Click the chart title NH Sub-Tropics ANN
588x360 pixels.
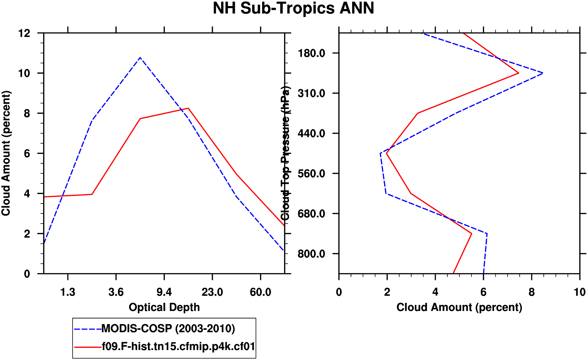pyautogui.click(x=293, y=8)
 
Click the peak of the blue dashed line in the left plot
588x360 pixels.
pyautogui.click(x=140, y=57)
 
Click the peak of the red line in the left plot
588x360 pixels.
pyautogui.click(x=188, y=108)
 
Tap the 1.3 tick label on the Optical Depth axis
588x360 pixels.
pyautogui.click(x=68, y=292)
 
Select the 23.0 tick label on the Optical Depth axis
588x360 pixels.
pyautogui.click(x=212, y=292)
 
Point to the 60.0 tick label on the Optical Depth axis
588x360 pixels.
pyautogui.click(x=260, y=292)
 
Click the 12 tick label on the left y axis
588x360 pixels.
pyautogui.click(x=24, y=33)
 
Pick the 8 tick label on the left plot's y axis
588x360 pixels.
pyautogui.click(x=27, y=114)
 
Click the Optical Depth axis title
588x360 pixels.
pyautogui.click(x=164, y=307)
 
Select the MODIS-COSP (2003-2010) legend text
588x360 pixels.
pyautogui.click(x=168, y=329)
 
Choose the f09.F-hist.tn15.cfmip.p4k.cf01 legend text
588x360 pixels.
pyautogui.click(x=178, y=347)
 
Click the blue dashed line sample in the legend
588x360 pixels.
pyautogui.click(x=88, y=329)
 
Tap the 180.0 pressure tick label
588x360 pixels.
pyautogui.click(x=311, y=53)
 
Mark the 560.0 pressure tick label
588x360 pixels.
pyautogui.click(x=311, y=174)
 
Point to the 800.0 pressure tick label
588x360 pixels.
pyautogui.click(x=311, y=254)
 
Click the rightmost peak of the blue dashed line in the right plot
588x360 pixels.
pyautogui.click(x=543, y=73)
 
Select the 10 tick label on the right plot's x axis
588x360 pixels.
pyautogui.click(x=579, y=292)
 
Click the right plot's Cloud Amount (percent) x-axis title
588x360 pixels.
pyautogui.click(x=459, y=307)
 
